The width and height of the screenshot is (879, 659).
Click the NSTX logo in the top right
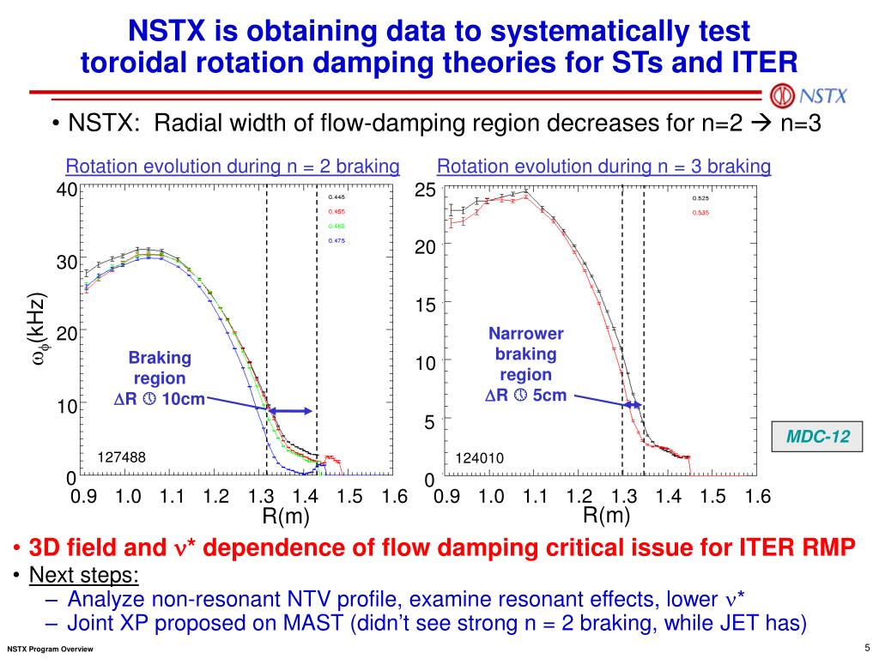pyautogui.click(x=809, y=94)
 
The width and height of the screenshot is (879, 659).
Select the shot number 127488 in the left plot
pyautogui.click(x=122, y=458)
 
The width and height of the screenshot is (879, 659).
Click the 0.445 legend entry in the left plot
pyautogui.click(x=336, y=196)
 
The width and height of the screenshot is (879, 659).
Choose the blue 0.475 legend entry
pyautogui.click(x=336, y=241)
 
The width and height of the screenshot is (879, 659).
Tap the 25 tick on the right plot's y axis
pyautogui.click(x=426, y=190)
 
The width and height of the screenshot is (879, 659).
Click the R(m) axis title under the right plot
pyautogui.click(x=607, y=515)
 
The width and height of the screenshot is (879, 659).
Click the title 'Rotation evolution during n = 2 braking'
pyautogui.click(x=233, y=166)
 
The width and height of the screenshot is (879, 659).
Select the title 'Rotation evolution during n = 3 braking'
pyautogui.click(x=604, y=166)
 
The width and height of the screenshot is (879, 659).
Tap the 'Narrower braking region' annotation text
pyautogui.click(x=526, y=354)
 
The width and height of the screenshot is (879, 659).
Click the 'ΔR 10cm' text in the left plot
pyautogui.click(x=160, y=399)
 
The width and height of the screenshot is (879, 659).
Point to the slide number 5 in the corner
pyautogui.click(x=867, y=646)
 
